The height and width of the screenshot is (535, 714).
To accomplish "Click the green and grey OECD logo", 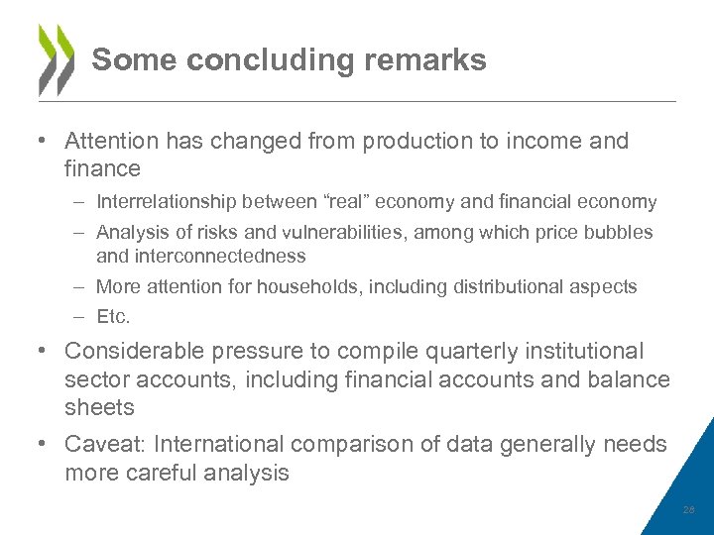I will pos(56,59).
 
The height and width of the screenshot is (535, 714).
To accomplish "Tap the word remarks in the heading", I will pos(425,60).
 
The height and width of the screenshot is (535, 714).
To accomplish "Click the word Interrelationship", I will pos(166,202).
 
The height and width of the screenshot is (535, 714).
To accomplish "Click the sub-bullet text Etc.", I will pos(113,318).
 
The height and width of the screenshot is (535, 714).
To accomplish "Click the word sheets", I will pos(98,407).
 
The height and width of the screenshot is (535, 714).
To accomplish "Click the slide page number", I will pos(688,510).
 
